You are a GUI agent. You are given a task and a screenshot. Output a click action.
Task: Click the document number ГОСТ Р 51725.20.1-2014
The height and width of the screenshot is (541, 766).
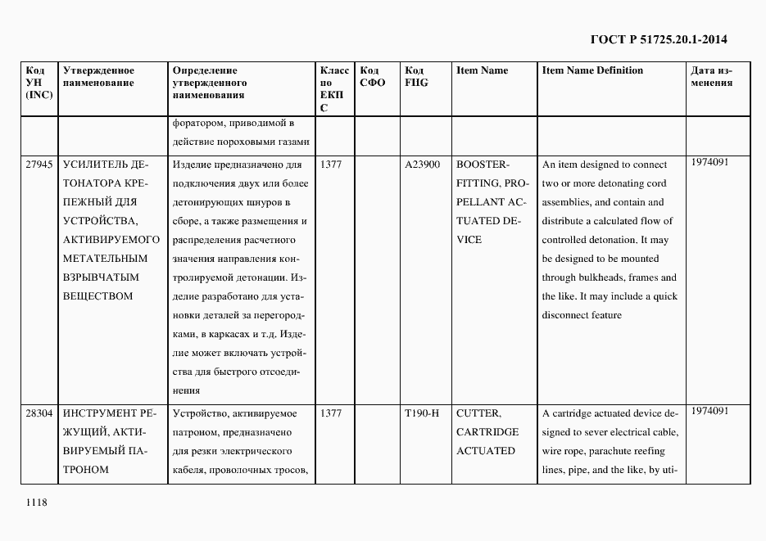click(659, 38)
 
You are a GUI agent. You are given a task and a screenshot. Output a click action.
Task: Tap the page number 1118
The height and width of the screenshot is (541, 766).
click(37, 502)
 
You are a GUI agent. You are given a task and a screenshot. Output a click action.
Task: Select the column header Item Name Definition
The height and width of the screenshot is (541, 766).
click(592, 70)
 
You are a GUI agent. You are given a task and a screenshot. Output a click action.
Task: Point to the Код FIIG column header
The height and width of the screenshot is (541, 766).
click(418, 77)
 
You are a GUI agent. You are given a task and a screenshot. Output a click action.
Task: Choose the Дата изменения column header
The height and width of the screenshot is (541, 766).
click(712, 77)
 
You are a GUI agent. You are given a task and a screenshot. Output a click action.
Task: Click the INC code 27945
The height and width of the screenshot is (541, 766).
click(39, 165)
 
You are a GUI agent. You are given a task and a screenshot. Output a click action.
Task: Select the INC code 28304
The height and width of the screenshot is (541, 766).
click(39, 413)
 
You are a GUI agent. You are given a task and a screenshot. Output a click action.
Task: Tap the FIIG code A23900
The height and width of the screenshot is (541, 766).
click(422, 165)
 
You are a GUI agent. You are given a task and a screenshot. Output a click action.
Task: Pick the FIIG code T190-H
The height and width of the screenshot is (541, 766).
click(422, 413)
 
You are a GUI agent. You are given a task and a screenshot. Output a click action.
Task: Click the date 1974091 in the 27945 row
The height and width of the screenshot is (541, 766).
click(709, 162)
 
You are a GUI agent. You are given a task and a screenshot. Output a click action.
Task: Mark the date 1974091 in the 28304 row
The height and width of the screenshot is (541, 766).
click(709, 411)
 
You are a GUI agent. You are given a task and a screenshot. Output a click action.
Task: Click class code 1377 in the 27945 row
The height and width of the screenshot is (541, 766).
click(331, 165)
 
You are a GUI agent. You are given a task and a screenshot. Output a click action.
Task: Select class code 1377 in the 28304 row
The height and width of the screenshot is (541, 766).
click(331, 413)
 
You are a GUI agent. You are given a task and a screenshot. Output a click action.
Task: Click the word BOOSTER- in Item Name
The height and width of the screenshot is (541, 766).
click(483, 165)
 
